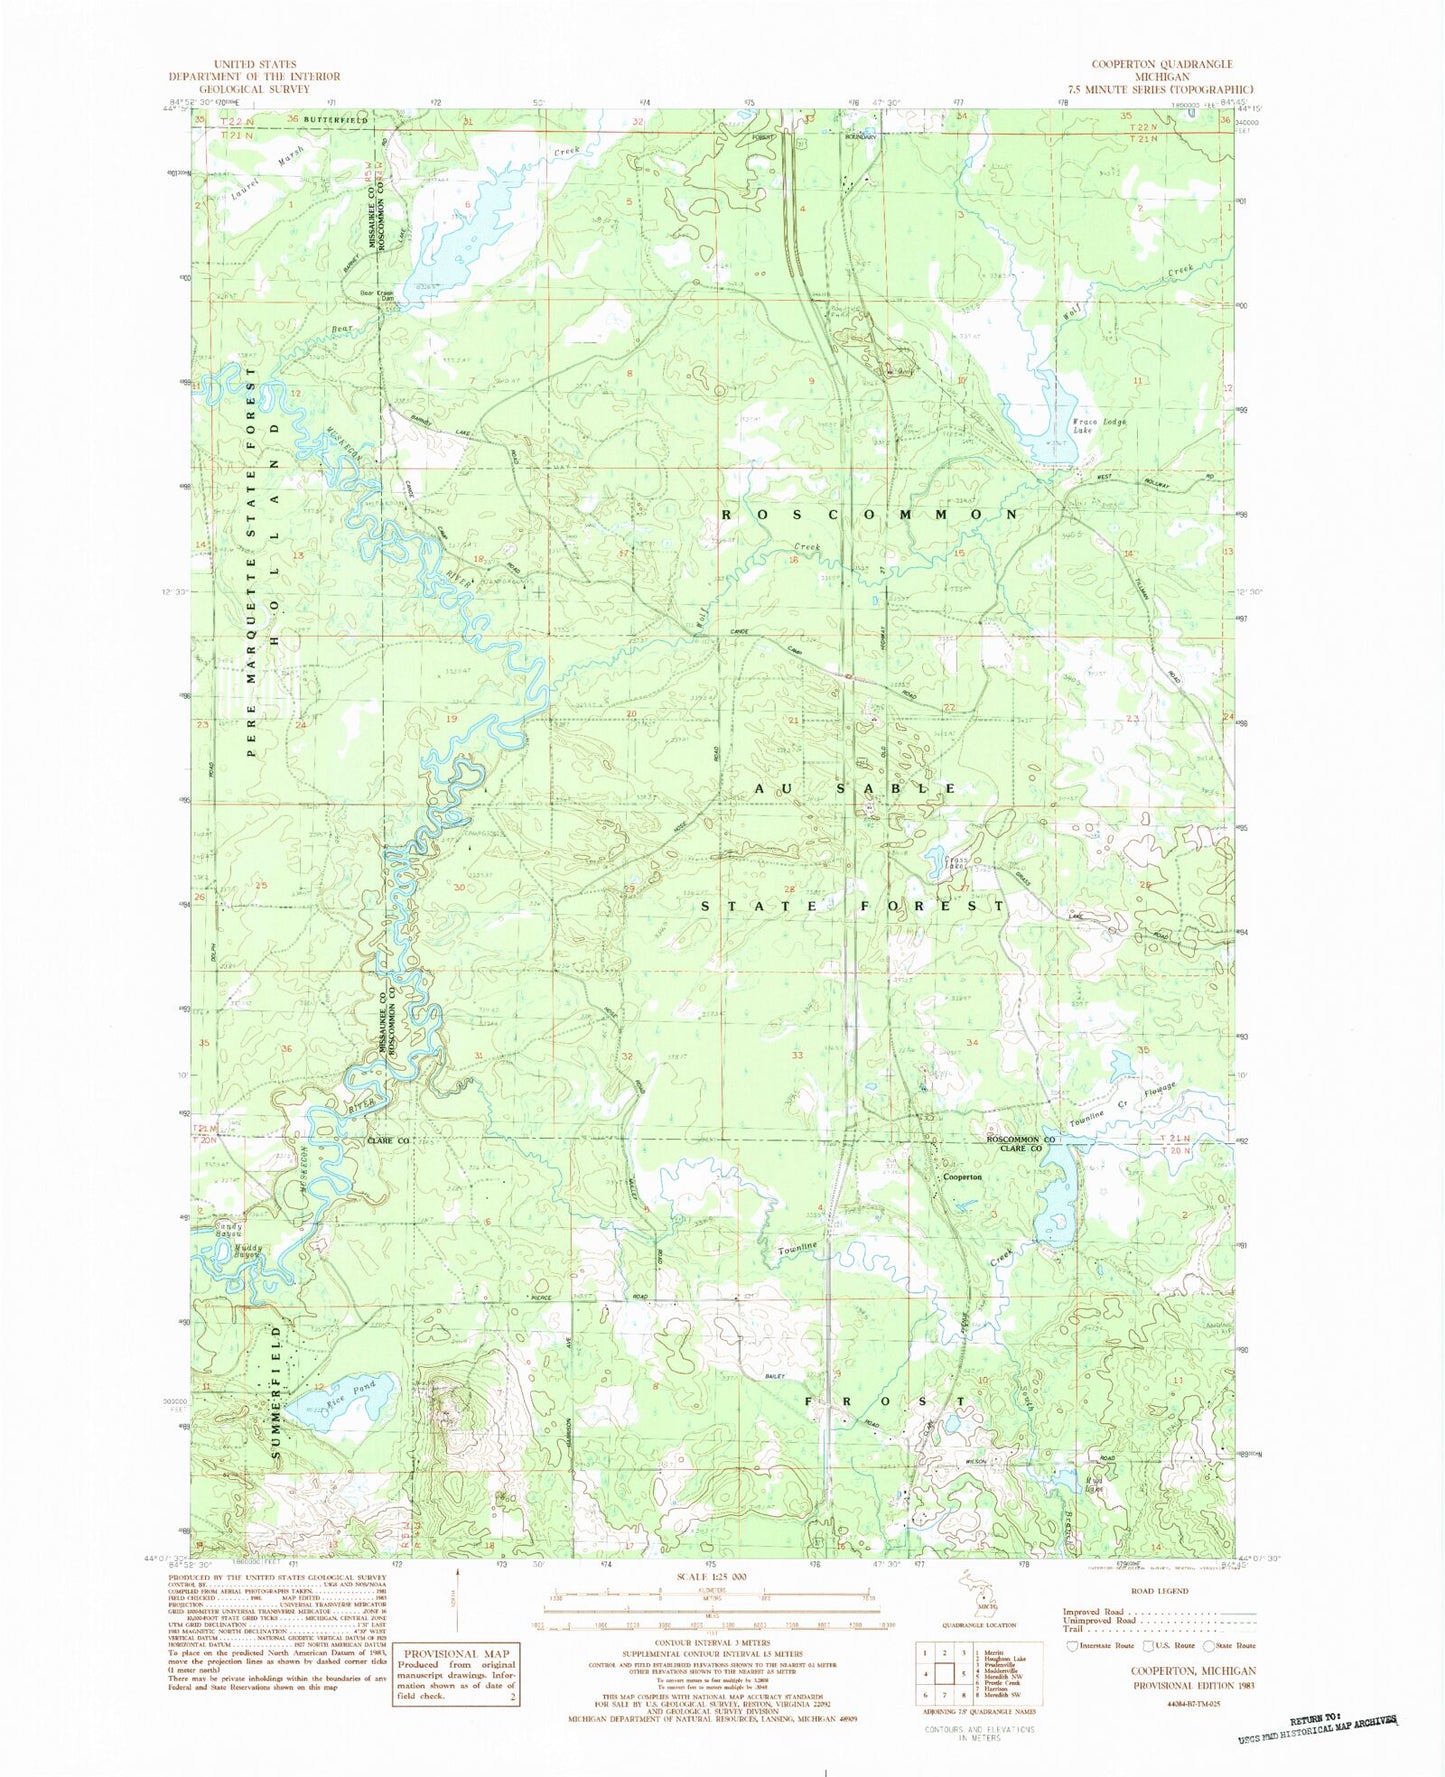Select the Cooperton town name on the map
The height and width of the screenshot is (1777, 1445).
[x=962, y=1177]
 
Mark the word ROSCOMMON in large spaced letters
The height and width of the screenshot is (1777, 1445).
[x=870, y=513]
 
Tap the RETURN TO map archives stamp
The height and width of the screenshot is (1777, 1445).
[x=1313, y=1744]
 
